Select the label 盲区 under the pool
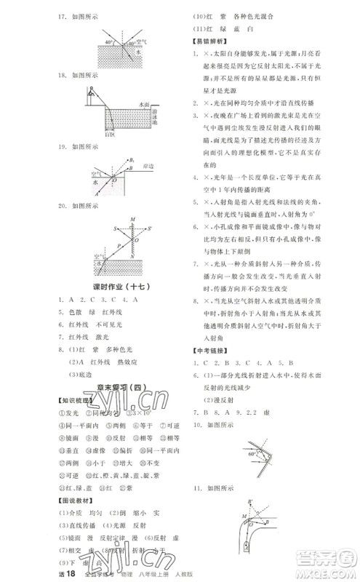coord(89,135)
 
